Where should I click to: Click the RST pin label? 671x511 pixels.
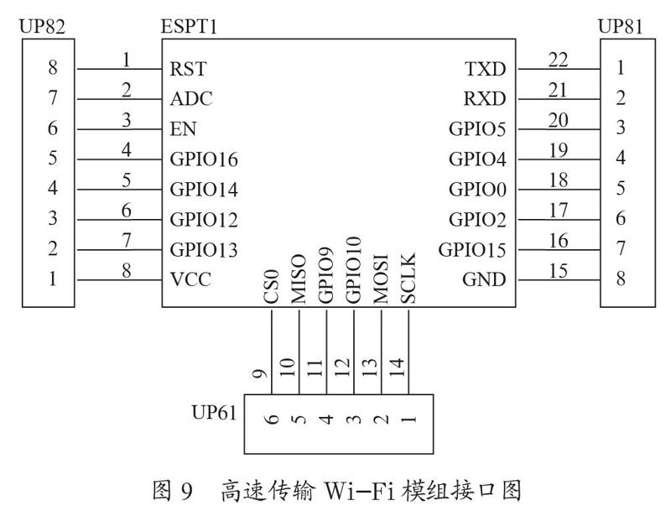pyautogui.click(x=188, y=69)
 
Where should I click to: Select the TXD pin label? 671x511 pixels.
pyautogui.click(x=486, y=69)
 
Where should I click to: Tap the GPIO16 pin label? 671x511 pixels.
pyautogui.click(x=204, y=159)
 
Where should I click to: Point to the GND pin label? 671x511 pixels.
pyautogui.click(x=484, y=279)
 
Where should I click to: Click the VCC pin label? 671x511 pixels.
pyautogui.click(x=190, y=279)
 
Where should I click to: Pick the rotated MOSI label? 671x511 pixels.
pyautogui.click(x=381, y=279)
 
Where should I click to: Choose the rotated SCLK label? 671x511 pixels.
pyautogui.click(x=408, y=279)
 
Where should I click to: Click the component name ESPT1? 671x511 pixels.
pyautogui.click(x=189, y=27)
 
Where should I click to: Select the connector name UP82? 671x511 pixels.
pyautogui.click(x=43, y=27)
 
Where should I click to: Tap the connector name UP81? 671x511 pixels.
pyautogui.click(x=620, y=27)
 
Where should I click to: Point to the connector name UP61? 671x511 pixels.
pyautogui.click(x=214, y=413)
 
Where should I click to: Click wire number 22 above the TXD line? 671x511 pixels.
pyautogui.click(x=559, y=60)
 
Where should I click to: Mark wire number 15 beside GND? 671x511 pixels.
pyautogui.click(x=559, y=270)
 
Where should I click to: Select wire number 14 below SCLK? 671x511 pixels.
pyautogui.click(x=397, y=368)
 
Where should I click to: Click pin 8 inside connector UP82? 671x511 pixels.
pyautogui.click(x=52, y=67)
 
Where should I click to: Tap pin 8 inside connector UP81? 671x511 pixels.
pyautogui.click(x=621, y=279)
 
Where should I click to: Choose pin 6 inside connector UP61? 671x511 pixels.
pyautogui.click(x=272, y=418)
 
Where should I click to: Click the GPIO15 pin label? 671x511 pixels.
pyautogui.click(x=472, y=250)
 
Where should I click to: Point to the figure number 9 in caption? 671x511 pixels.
pyautogui.click(x=186, y=491)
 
